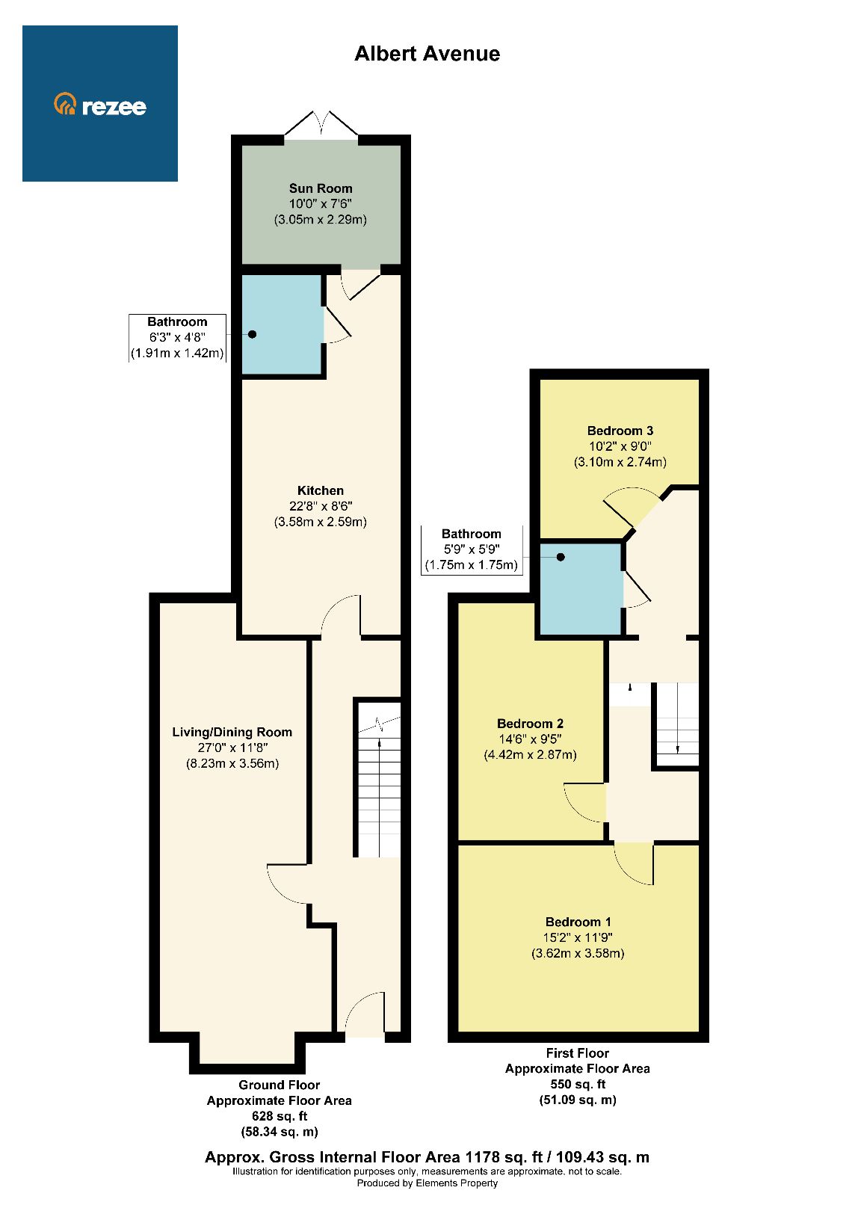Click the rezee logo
click(100, 105)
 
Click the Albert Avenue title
click(427, 54)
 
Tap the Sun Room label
click(321, 188)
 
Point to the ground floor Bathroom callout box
click(177, 338)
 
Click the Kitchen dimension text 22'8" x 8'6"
click(321, 506)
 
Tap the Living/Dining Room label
click(232, 732)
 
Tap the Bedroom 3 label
click(620, 431)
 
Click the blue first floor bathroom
click(581, 588)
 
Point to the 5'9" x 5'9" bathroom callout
click(471, 549)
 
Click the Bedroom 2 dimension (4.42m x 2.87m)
click(530, 754)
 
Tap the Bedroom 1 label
click(578, 922)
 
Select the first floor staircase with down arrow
click(677, 724)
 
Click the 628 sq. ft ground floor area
click(279, 1116)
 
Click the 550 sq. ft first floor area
click(577, 1084)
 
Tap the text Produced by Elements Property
click(427, 1183)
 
